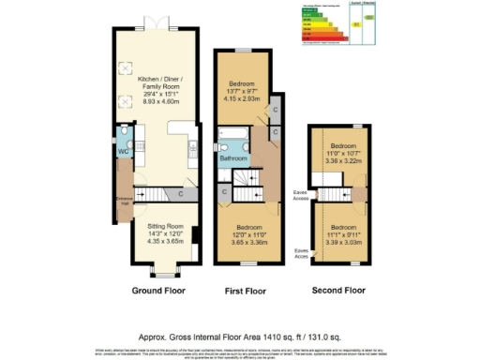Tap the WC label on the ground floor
tap(122, 151)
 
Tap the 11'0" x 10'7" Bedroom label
tap(343, 153)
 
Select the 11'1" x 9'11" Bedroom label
tap(343, 232)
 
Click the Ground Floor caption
tap(157, 290)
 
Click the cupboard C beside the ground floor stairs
tap(179, 195)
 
